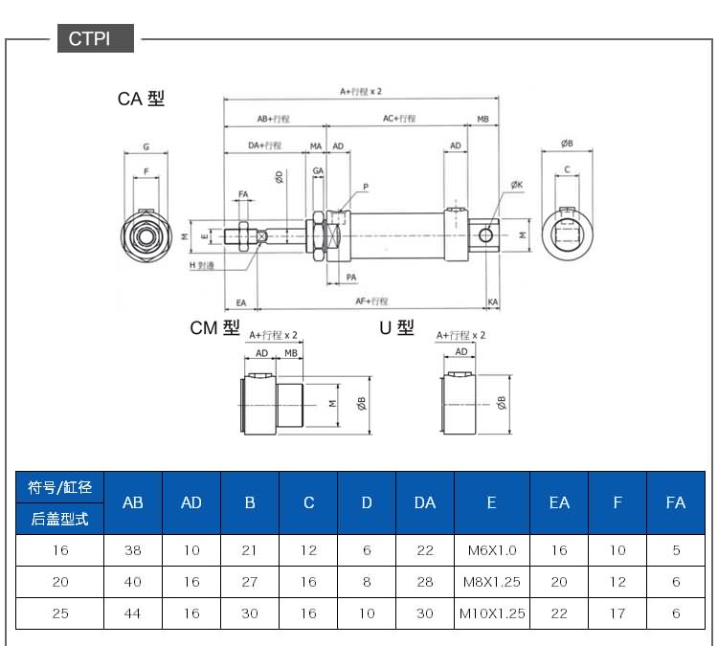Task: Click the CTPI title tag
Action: pyautogui.click(x=89, y=39)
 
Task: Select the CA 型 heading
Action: pyautogui.click(x=141, y=99)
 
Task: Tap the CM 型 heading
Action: pyautogui.click(x=214, y=328)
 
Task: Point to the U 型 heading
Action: pyautogui.click(x=396, y=328)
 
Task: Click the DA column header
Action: pyautogui.click(x=425, y=502)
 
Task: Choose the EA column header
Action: pyautogui.click(x=559, y=502)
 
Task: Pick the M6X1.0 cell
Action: pyautogui.click(x=492, y=550)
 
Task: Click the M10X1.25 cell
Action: pyautogui.click(x=492, y=613)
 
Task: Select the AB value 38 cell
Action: pyautogui.click(x=133, y=550)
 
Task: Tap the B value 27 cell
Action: pyautogui.click(x=250, y=582)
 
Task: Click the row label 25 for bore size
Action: pyautogui.click(x=59, y=613)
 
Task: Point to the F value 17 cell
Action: pyautogui.click(x=617, y=613)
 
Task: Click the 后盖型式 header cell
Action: pyautogui.click(x=59, y=519)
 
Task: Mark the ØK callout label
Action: pyautogui.click(x=516, y=185)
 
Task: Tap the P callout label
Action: pyautogui.click(x=365, y=187)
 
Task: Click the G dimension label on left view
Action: pyautogui.click(x=146, y=147)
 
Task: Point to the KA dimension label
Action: pyautogui.click(x=492, y=302)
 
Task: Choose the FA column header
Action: pyautogui.click(x=676, y=502)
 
